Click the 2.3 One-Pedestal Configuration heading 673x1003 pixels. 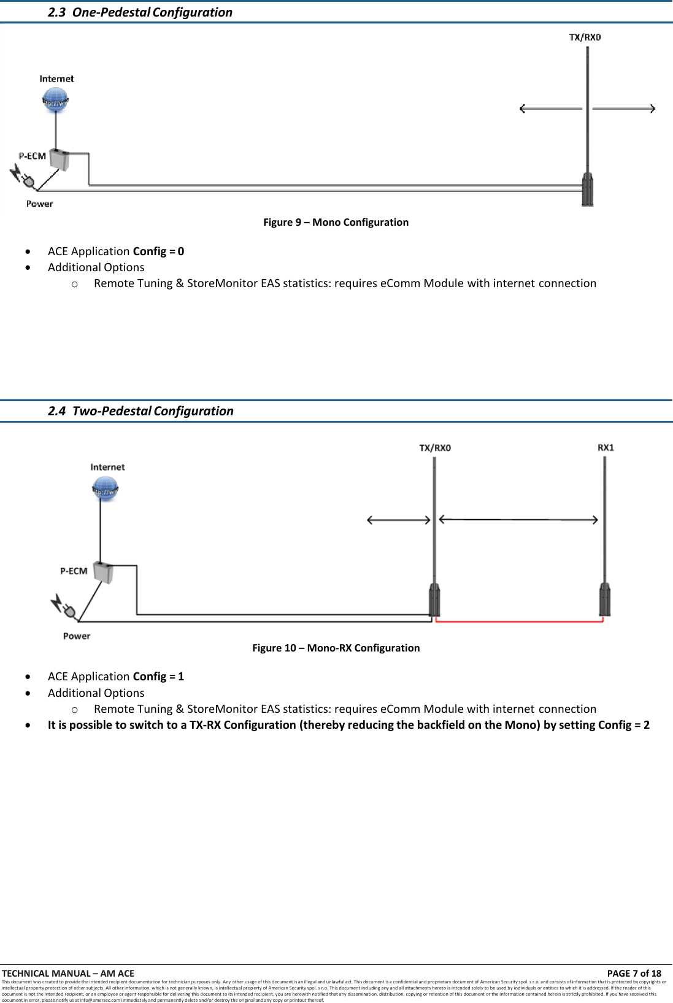(x=140, y=12)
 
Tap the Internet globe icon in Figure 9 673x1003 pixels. (x=56, y=99)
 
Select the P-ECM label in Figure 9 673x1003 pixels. (x=32, y=156)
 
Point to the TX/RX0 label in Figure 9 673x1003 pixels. (x=585, y=37)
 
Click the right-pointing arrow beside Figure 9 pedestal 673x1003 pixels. (x=624, y=109)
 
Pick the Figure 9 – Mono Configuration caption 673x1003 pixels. (x=336, y=222)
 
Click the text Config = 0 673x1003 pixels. (x=158, y=252)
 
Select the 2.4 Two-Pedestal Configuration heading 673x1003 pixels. (x=140, y=411)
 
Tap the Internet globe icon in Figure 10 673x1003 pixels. (x=106, y=489)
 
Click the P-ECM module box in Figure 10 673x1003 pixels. (x=104, y=572)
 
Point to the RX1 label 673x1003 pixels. (x=606, y=448)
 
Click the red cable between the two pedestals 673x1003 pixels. (x=519, y=621)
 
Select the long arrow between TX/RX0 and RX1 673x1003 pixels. (x=518, y=520)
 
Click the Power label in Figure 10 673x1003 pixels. (x=77, y=636)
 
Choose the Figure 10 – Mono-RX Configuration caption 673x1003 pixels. (x=336, y=648)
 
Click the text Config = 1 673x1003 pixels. (x=158, y=677)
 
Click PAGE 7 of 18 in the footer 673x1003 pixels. (x=634, y=973)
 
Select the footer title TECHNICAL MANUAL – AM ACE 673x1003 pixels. (x=68, y=973)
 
